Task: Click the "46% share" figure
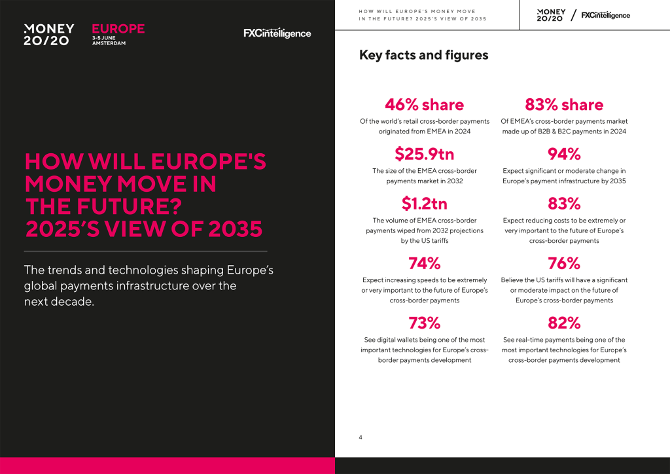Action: (x=424, y=105)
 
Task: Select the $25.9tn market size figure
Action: (x=424, y=154)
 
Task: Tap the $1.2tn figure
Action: (x=424, y=204)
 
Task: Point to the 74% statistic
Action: (x=424, y=263)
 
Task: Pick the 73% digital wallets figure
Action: (x=424, y=323)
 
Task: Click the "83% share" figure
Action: (x=564, y=105)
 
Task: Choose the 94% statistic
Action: (x=564, y=154)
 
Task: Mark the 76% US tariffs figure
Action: (x=564, y=263)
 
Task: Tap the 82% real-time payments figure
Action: (x=564, y=323)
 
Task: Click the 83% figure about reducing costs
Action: (x=564, y=204)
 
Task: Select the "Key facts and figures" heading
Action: (x=423, y=55)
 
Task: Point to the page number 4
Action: (x=361, y=437)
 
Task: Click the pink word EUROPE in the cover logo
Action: (x=118, y=29)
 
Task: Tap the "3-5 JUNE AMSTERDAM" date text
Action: (x=109, y=41)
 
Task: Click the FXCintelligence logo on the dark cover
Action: (x=277, y=33)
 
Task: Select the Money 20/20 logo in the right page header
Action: (x=551, y=15)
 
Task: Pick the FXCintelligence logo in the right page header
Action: (x=605, y=15)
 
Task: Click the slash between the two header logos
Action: (x=573, y=15)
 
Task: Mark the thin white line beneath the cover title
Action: (x=145, y=251)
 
